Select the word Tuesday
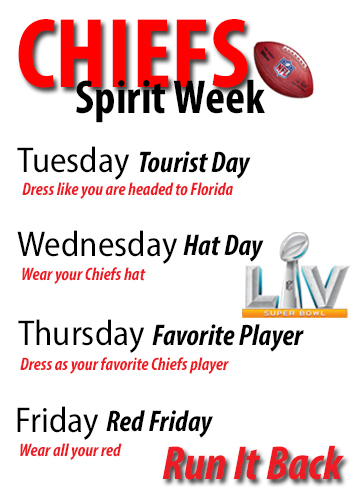(x=74, y=161)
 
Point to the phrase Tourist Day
(x=193, y=163)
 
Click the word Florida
(x=210, y=190)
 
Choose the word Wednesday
(x=97, y=245)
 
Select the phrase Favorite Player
(x=228, y=338)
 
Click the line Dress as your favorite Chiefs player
(x=125, y=364)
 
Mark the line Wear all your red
(x=69, y=450)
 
